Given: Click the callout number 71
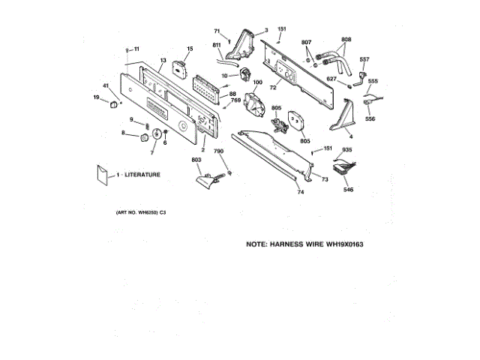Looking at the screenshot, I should coord(217,31).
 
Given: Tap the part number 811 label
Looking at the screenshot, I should coord(217,46).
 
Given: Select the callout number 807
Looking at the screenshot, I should coord(307,41).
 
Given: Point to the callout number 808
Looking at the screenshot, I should coord(346,39).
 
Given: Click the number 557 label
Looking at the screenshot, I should coord(364,59).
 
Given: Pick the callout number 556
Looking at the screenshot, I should coord(370,118).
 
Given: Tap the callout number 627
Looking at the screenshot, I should coord(331,78).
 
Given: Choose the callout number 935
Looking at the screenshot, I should coord(346,150).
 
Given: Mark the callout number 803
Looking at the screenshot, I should coord(196,160).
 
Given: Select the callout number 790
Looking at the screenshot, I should coord(219,151).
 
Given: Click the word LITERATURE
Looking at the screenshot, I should coord(142,174).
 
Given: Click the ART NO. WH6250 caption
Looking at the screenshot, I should coord(139,214).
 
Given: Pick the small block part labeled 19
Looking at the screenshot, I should coord(113,104).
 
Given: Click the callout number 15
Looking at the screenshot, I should coord(189,49).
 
